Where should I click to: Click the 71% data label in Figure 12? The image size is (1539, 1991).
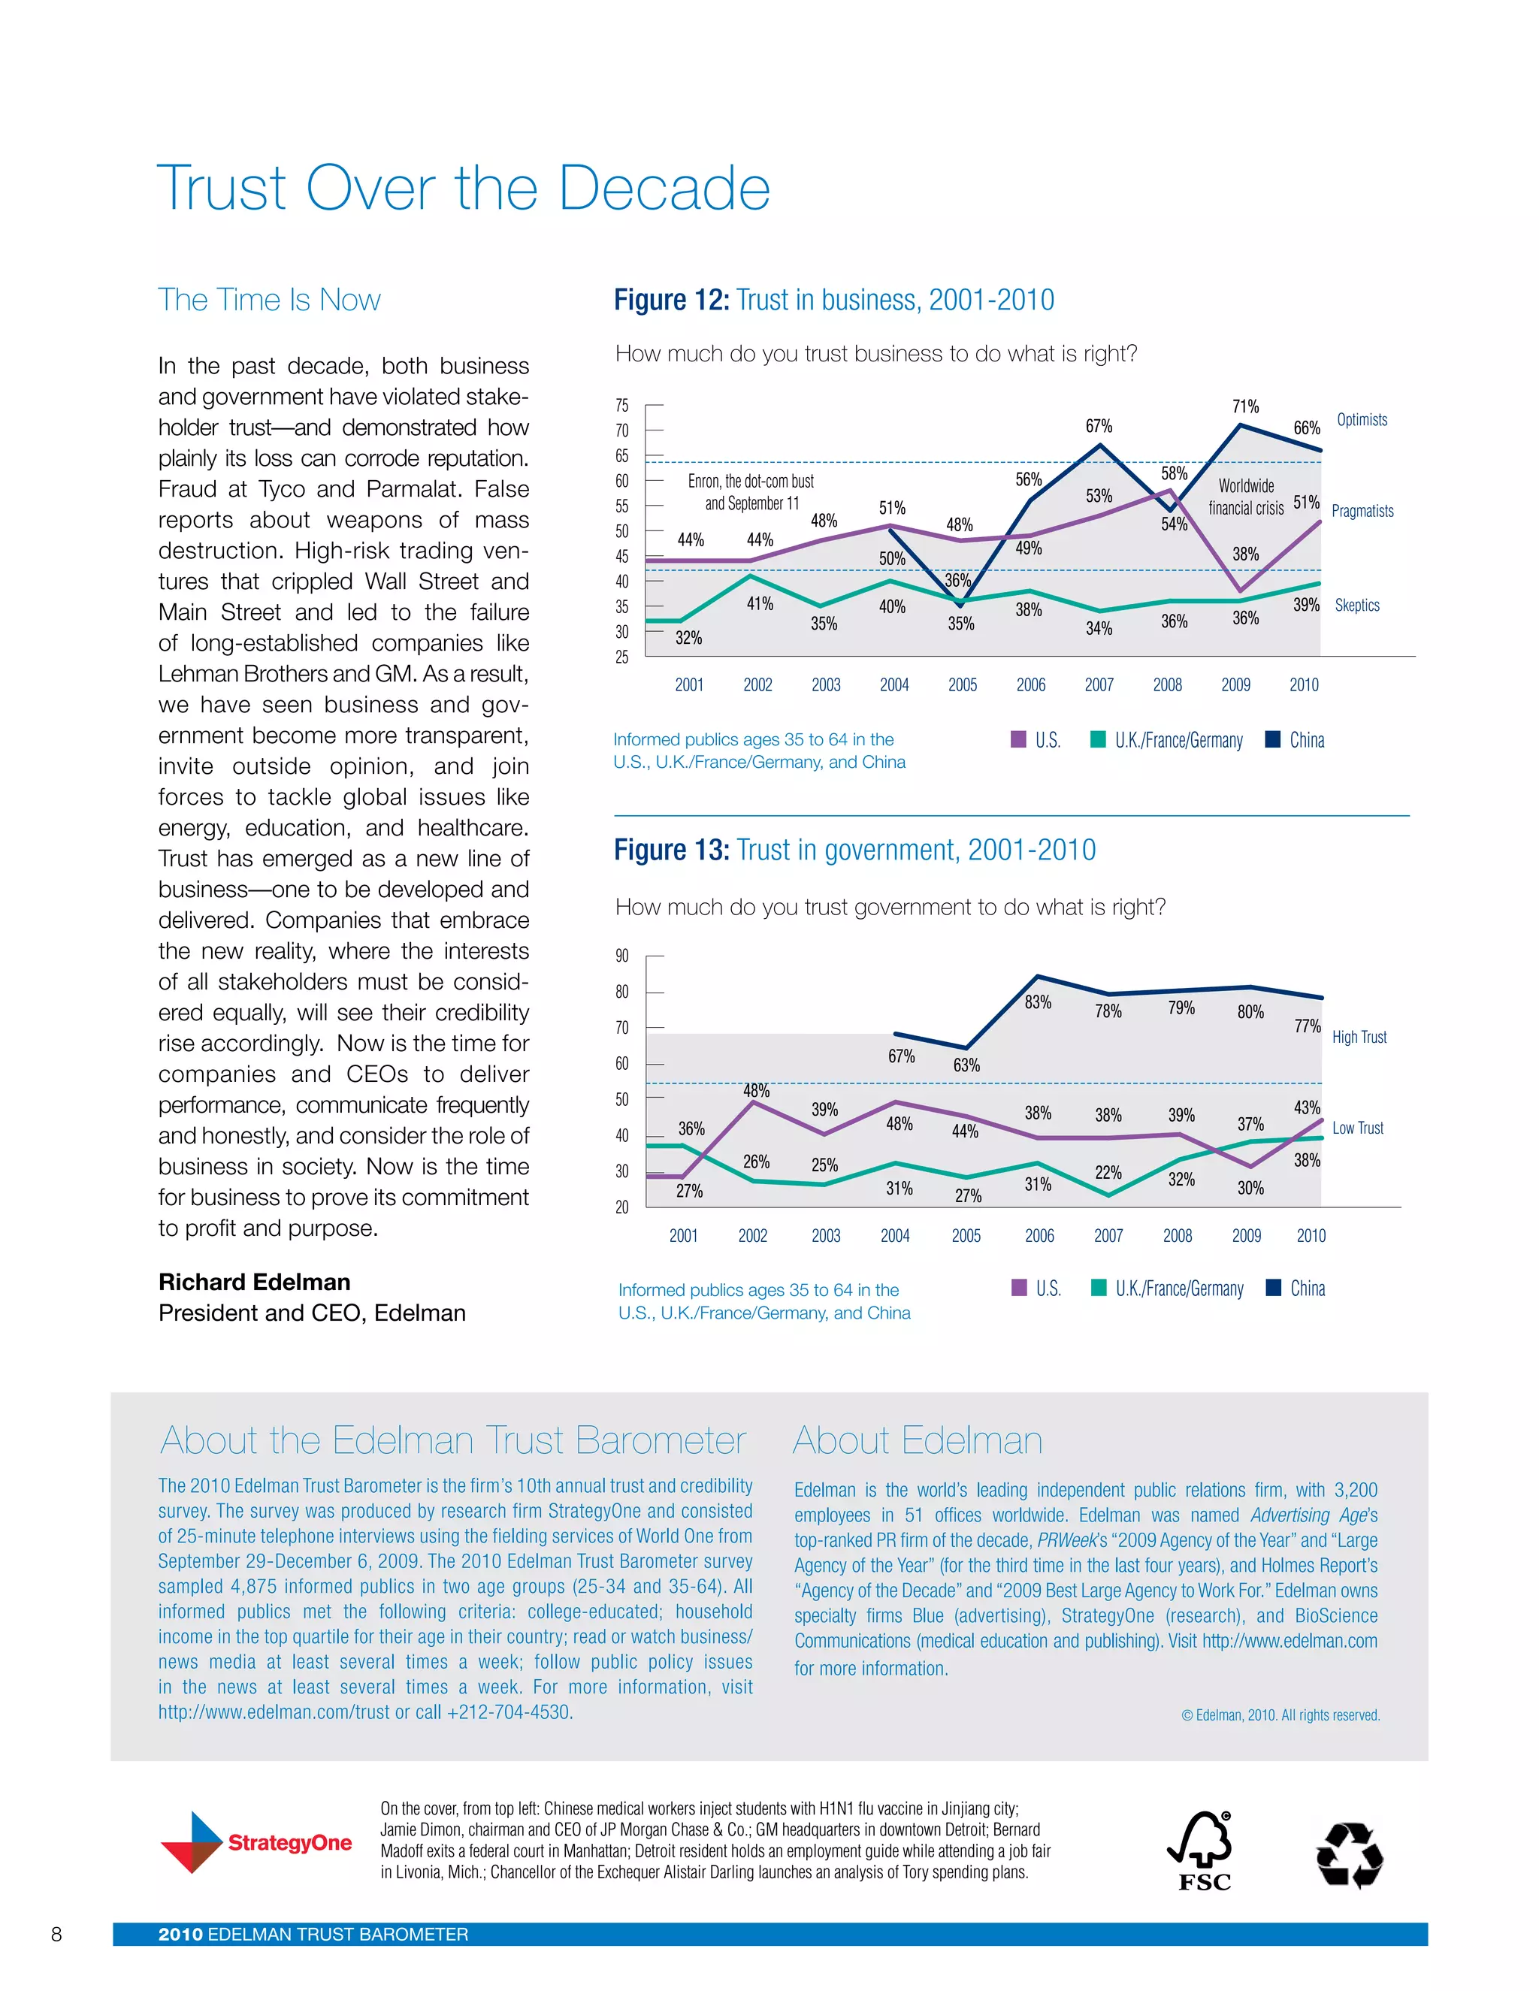pyautogui.click(x=1244, y=406)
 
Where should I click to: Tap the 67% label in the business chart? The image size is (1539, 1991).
pyautogui.click(x=1098, y=427)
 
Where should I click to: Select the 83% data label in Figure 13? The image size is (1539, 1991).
pyautogui.click(x=1038, y=1003)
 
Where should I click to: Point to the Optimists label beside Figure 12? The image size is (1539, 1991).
pyautogui.click(x=1361, y=420)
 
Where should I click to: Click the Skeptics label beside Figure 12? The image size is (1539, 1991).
pyautogui.click(x=1356, y=606)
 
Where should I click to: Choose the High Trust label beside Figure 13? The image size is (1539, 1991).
pyautogui.click(x=1359, y=1038)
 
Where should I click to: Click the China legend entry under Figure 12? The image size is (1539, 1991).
pyautogui.click(x=1296, y=740)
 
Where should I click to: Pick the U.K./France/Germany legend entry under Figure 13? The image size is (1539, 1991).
pyautogui.click(x=1168, y=1289)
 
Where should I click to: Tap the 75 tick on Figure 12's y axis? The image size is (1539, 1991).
pyautogui.click(x=621, y=406)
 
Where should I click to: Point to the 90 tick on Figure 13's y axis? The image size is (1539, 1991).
pyautogui.click(x=621, y=956)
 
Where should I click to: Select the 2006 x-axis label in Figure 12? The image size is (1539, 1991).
pyautogui.click(x=1030, y=685)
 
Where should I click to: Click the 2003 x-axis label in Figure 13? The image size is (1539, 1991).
pyautogui.click(x=825, y=1236)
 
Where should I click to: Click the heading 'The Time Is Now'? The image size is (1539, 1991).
pyautogui.click(x=269, y=300)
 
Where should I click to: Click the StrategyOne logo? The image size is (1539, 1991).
pyautogui.click(x=256, y=1842)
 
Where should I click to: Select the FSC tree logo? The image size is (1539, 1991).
pyautogui.click(x=1202, y=1851)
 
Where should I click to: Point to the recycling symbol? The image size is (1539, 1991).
pyautogui.click(x=1350, y=1854)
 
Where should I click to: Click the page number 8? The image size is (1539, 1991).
pyautogui.click(x=56, y=1935)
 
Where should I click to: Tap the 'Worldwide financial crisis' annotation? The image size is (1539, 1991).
pyautogui.click(x=1245, y=497)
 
